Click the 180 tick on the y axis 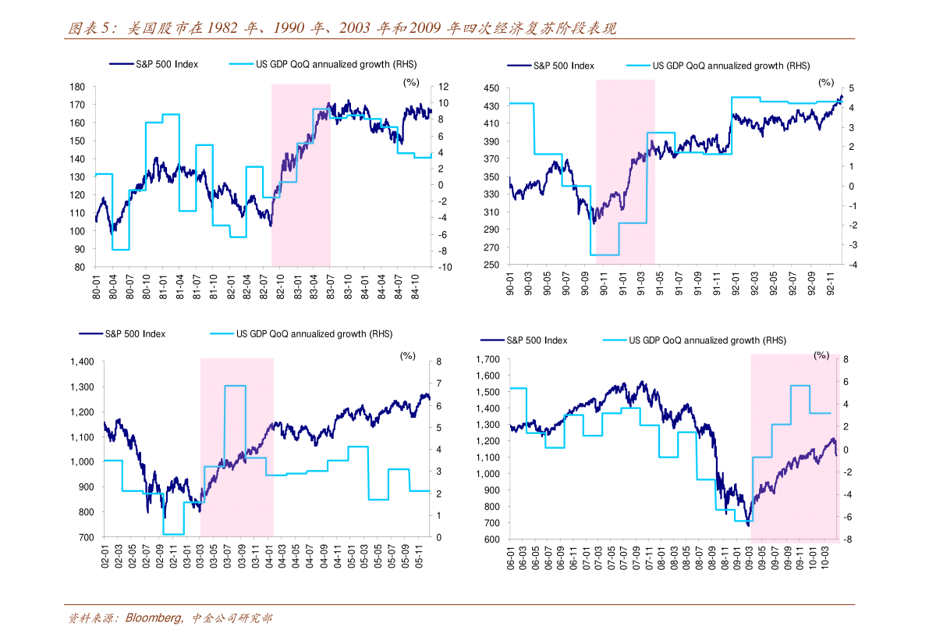(77, 87)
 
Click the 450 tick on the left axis (491, 87)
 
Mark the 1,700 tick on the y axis (488, 359)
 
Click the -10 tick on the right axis (445, 267)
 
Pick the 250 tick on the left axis (491, 265)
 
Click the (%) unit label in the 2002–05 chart (408, 356)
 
